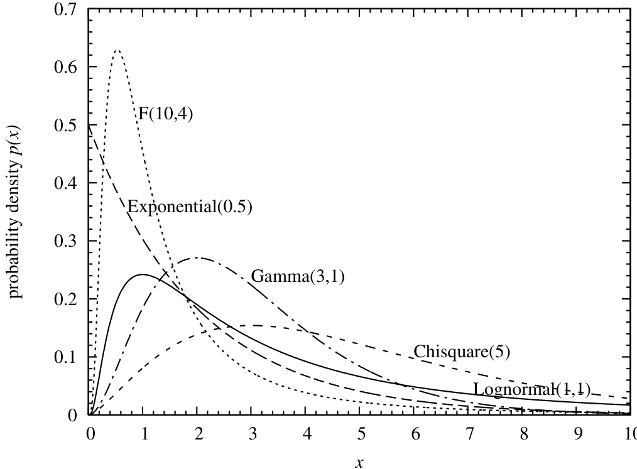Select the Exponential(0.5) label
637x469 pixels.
pos(190,207)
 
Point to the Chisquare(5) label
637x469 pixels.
pos(462,352)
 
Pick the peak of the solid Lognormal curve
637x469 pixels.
pos(143,274)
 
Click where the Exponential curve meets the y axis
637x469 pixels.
pos(89,126)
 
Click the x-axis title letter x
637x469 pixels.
pos(359,462)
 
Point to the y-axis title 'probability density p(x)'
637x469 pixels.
pos(16,212)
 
